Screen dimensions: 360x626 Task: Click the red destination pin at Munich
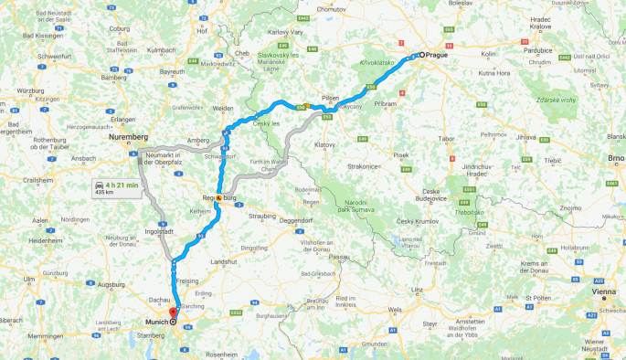[x=172, y=313]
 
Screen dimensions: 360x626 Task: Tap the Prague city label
[x=437, y=55]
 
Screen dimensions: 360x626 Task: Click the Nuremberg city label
[x=127, y=136]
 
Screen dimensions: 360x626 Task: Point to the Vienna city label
[x=604, y=291]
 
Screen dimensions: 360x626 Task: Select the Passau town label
[x=340, y=257]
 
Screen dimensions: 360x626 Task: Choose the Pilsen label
[x=331, y=98]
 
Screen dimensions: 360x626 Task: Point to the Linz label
[x=418, y=289]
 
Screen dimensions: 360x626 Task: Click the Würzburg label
[x=17, y=90]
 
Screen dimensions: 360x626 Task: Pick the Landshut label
[x=224, y=261]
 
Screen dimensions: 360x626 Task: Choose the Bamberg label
[x=114, y=78]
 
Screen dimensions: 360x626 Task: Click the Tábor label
[x=449, y=138]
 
